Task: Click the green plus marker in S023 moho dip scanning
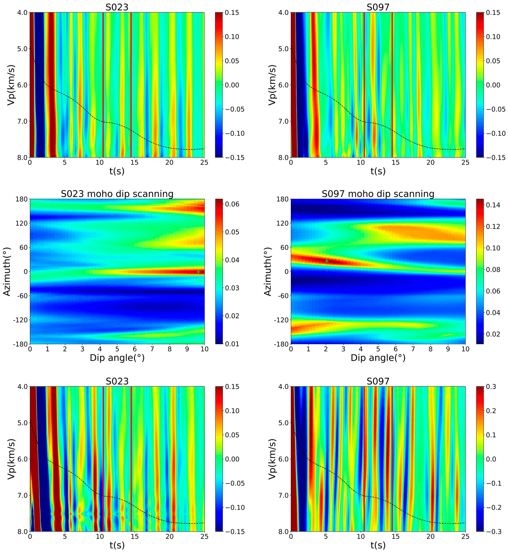point(198,272)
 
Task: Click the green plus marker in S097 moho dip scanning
point(327,261)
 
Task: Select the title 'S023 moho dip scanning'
point(117,194)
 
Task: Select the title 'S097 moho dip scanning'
point(378,194)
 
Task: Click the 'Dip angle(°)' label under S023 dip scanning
point(117,358)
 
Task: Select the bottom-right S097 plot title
point(378,381)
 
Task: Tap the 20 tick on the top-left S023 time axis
point(169,163)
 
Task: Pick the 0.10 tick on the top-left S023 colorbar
point(232,37)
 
